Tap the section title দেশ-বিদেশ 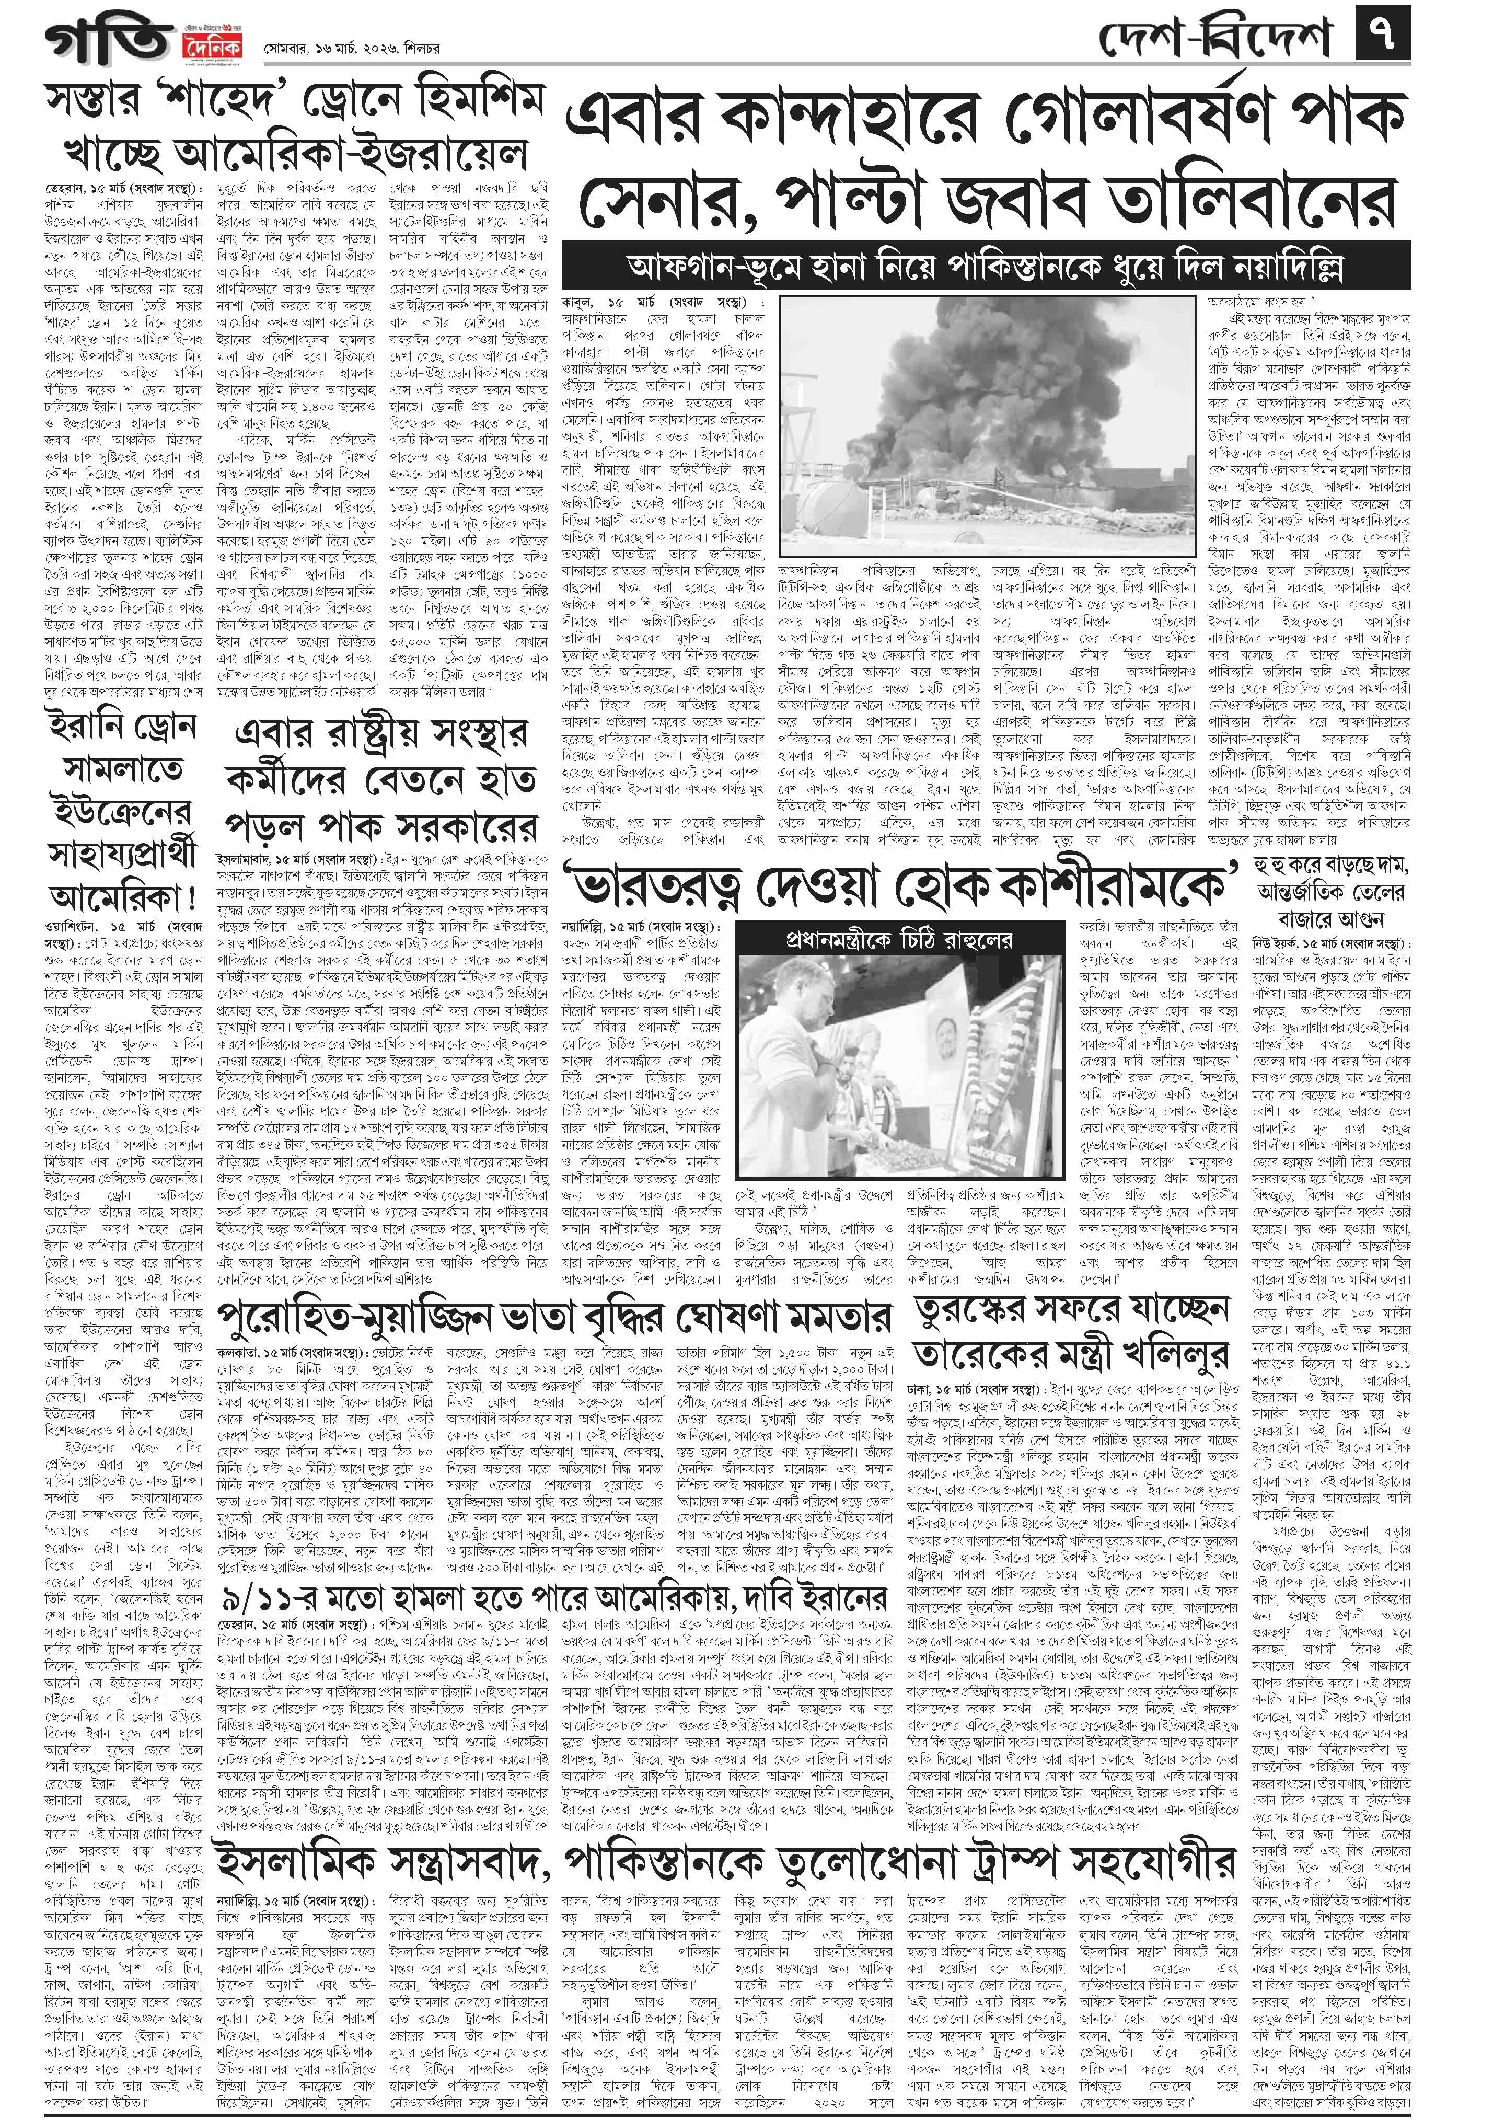click(x=1214, y=39)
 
